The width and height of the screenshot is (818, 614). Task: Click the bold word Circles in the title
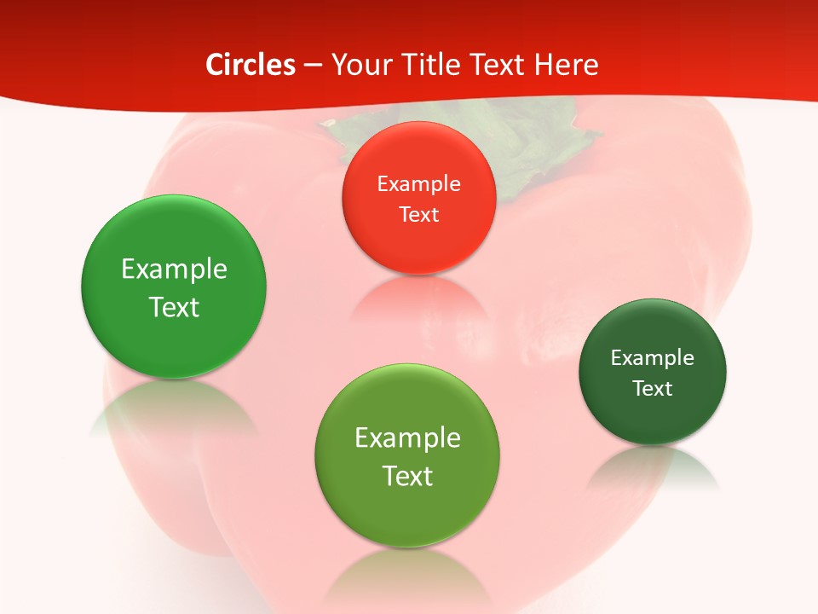(251, 65)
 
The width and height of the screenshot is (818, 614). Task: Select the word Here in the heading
(567, 65)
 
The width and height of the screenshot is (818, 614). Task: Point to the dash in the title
(313, 66)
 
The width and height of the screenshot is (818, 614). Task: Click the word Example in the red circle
(418, 183)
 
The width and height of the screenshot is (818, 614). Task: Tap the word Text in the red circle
(418, 214)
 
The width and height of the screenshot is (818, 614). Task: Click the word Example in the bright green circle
(174, 269)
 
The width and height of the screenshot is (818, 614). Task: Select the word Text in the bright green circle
(174, 307)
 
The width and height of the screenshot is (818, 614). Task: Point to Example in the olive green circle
(407, 438)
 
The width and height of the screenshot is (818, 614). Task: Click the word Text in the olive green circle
(407, 476)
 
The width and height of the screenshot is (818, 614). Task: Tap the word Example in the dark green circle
(653, 357)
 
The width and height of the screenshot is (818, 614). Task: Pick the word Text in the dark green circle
(653, 388)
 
